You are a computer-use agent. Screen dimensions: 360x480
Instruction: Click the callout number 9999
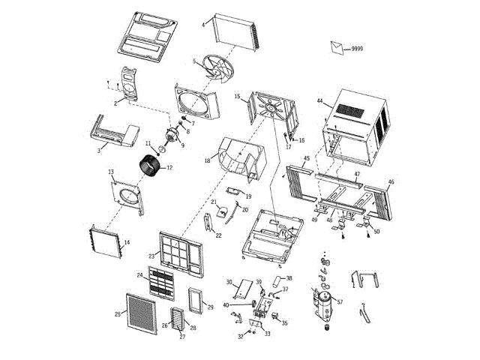(357, 48)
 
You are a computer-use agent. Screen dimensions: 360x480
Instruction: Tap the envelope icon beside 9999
(339, 47)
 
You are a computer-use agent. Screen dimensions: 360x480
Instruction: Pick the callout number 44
(319, 101)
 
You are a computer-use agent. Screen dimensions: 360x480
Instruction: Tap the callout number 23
(151, 256)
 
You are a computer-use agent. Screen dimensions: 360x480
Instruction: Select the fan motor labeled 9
(174, 136)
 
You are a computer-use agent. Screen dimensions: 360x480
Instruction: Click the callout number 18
(207, 160)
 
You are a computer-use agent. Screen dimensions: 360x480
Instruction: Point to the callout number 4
(202, 25)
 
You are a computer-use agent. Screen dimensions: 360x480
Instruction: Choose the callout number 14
(127, 242)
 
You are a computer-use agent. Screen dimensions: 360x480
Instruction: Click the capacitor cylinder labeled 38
(278, 282)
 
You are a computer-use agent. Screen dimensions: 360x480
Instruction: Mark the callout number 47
(358, 174)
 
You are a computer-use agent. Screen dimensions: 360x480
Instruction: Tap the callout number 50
(376, 232)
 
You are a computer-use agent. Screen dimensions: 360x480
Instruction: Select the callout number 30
(229, 282)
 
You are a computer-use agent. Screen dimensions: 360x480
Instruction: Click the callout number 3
(99, 151)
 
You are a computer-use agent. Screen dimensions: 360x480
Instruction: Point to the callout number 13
(111, 172)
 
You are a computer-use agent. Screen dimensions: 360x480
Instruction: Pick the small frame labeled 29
(197, 300)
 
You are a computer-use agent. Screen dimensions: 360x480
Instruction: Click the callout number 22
(219, 235)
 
